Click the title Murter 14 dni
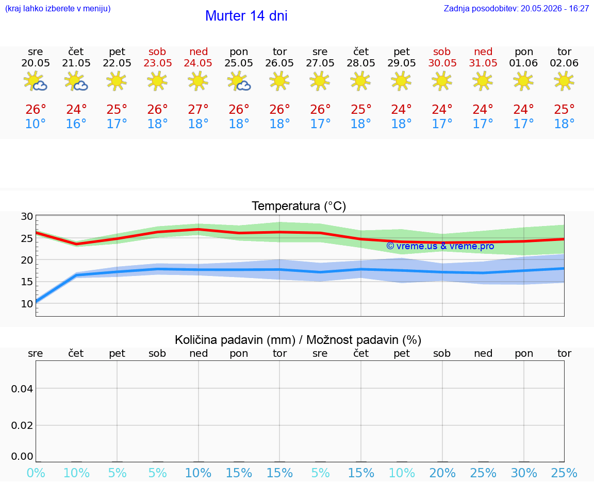[246, 16]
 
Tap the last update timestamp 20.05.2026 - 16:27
[555, 9]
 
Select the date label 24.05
[198, 63]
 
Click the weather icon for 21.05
[76, 81]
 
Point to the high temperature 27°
[198, 109]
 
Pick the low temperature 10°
[35, 124]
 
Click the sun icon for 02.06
[564, 81]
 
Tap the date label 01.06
[523, 63]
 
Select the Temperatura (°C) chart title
[299, 206]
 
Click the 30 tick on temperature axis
[27, 217]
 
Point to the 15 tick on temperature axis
[27, 282]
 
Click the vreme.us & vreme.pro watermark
[440, 246]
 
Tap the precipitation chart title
[298, 340]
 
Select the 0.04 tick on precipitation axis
[22, 389]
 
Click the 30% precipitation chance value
[523, 473]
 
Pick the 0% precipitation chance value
[36, 473]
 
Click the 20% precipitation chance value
[442, 473]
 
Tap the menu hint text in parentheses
[58, 9]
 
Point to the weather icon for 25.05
[239, 81]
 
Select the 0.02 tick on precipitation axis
[22, 426]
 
